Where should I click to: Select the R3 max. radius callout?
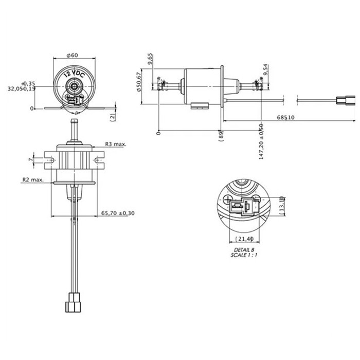click(x=116, y=145)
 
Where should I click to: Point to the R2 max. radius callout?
click(x=32, y=180)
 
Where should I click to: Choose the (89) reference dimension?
click(x=220, y=137)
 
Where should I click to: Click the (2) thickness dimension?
click(x=112, y=117)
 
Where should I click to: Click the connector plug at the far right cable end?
click(x=343, y=99)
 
